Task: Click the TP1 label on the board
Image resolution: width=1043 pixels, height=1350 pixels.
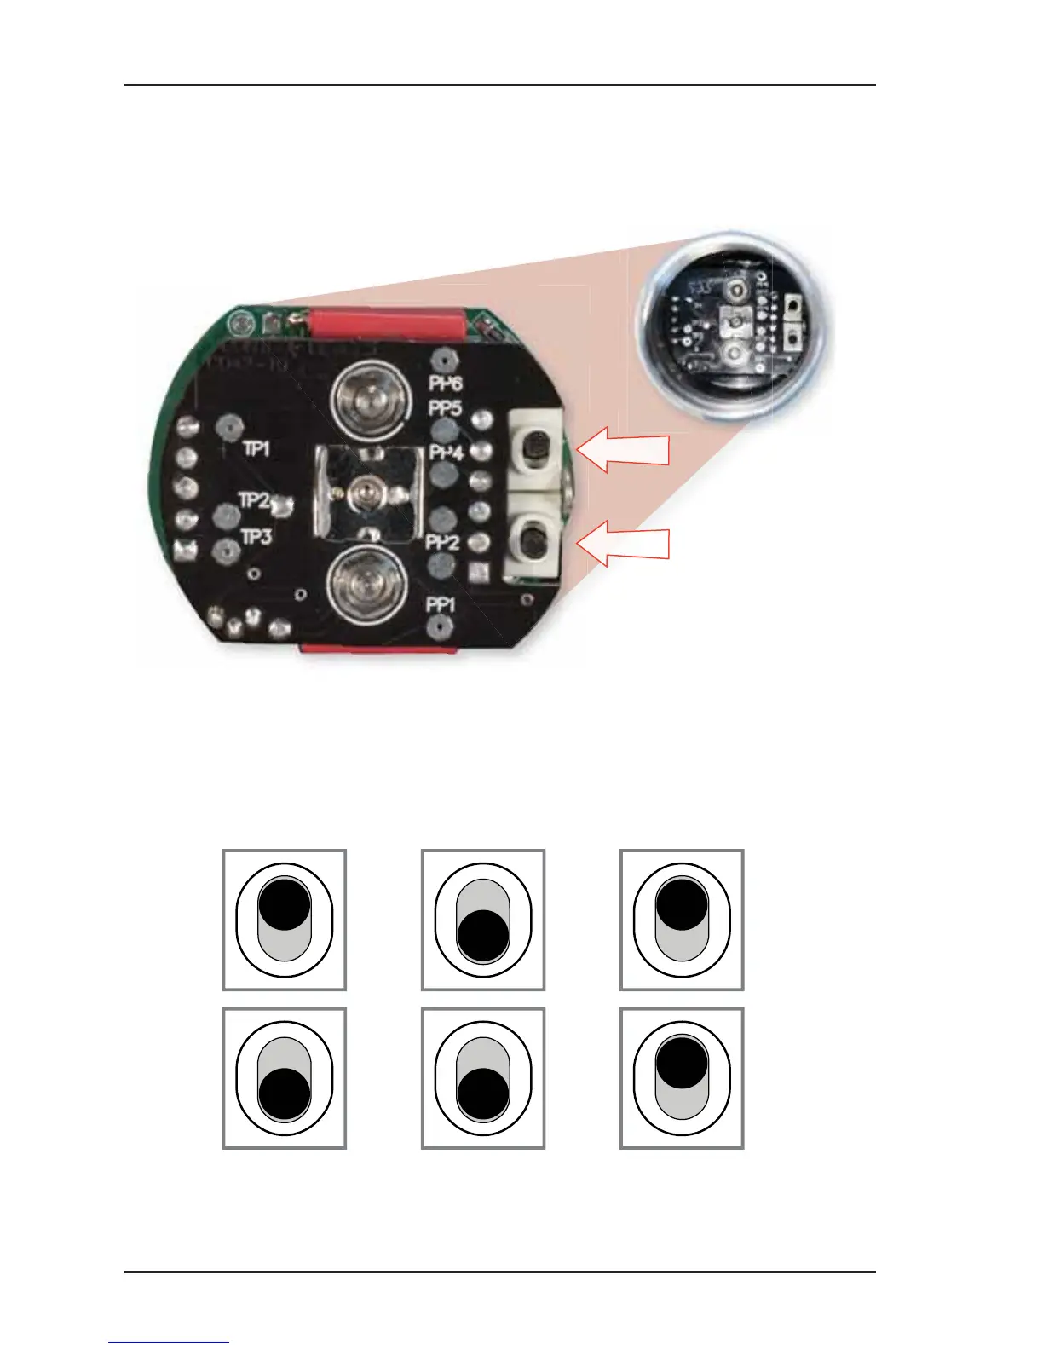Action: pos(256,448)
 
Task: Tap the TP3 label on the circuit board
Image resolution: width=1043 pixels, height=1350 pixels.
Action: pos(256,537)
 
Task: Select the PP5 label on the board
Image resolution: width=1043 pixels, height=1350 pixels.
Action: pos(445,408)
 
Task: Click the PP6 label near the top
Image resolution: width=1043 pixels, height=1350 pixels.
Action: pos(446,383)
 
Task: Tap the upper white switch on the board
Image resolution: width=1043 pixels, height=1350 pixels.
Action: pos(537,445)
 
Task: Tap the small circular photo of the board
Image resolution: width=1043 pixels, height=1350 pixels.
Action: pos(736,324)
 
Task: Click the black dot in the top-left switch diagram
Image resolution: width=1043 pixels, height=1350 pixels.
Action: pos(284,903)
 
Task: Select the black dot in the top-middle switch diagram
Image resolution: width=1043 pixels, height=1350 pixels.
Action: pos(483,936)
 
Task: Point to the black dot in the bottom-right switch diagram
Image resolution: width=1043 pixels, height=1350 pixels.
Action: pos(681,1062)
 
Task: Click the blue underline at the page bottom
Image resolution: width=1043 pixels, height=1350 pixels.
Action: pos(169,1343)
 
